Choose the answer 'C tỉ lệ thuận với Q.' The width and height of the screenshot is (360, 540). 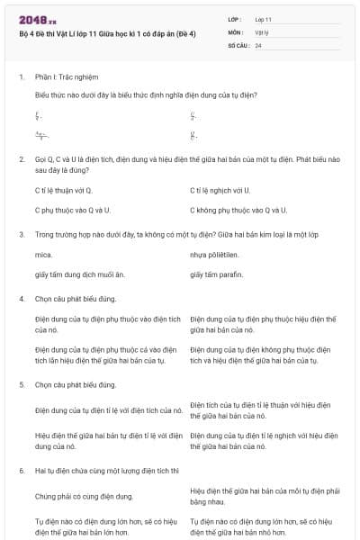coord(63,190)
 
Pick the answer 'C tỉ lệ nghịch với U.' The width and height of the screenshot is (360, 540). coord(220,190)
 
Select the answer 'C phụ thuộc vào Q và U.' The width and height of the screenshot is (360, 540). coord(72,210)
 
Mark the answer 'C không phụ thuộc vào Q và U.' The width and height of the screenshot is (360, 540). coord(238,210)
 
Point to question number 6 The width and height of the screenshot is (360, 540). coord(21,471)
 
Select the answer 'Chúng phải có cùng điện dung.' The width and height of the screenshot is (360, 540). coord(84,496)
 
